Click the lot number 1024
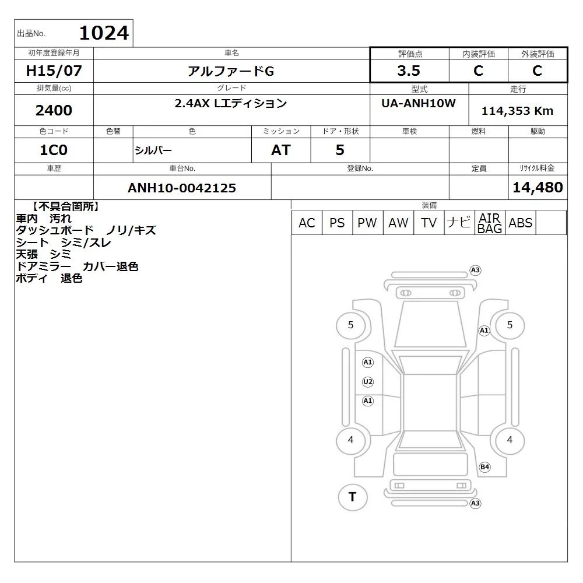coord(104,33)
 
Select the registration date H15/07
coord(54,71)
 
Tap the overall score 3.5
coord(409,71)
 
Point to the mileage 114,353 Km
coord(517,111)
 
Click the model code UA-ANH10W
coord(418,103)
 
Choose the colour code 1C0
coord(54,150)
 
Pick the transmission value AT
coord(281,150)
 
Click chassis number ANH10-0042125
coord(182,188)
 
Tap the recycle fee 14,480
coord(538,187)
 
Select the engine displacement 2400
coord(54,110)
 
